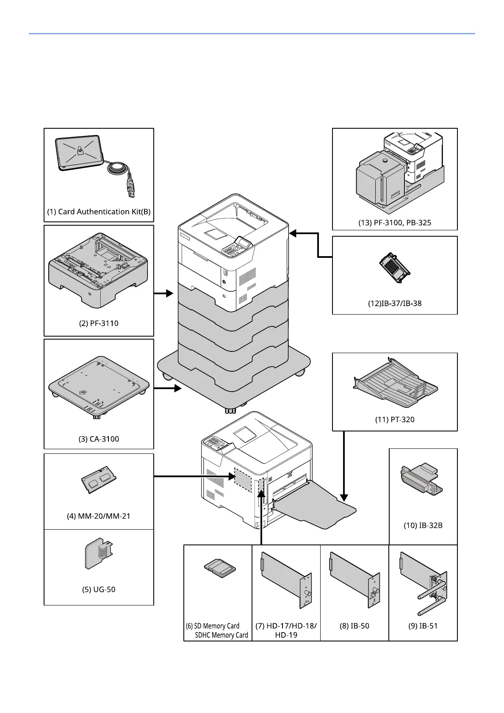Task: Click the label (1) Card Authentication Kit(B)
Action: (99, 212)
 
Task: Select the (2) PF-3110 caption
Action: (99, 323)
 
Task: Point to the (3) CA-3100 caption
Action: (99, 439)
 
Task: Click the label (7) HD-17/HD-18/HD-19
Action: (286, 630)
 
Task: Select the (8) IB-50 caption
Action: (354, 626)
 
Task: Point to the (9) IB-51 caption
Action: (423, 626)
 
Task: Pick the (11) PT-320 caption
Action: (395, 420)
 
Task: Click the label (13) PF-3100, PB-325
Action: (395, 223)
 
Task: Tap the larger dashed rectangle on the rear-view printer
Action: (243, 480)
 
